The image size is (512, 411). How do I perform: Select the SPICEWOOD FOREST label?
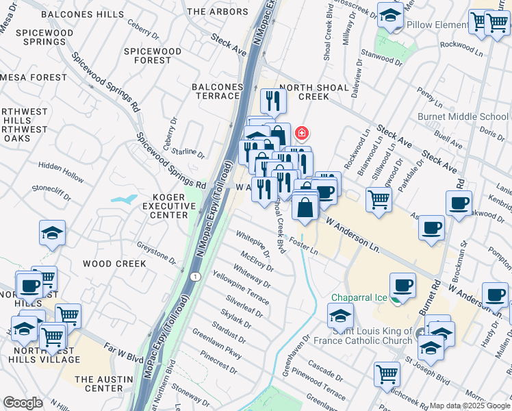[x=152, y=55]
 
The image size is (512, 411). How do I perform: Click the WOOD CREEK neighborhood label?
[x=114, y=264]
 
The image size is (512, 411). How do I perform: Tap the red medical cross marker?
[x=300, y=132]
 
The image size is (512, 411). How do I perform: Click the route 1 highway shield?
[x=196, y=276]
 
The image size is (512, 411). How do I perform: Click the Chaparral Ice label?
[x=357, y=298]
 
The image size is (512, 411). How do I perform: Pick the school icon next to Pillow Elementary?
[x=390, y=16]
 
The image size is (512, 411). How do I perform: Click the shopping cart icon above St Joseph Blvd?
[x=387, y=374]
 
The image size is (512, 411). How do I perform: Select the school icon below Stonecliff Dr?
[x=53, y=233]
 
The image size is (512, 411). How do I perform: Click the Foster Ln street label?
[x=304, y=246]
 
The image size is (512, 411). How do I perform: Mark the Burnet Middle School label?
[x=476, y=116]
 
